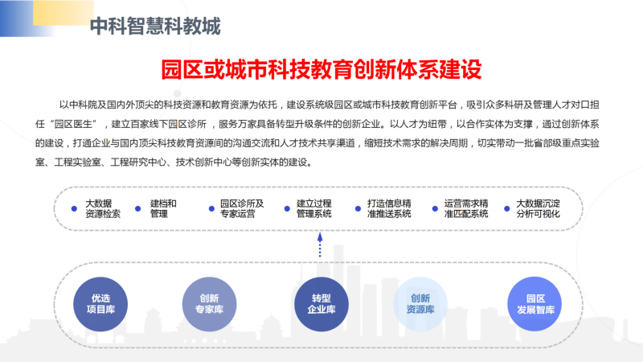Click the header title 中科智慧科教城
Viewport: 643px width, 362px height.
tap(155, 27)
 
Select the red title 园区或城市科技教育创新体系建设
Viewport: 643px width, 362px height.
tap(321, 69)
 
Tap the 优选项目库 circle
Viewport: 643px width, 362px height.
tap(100, 304)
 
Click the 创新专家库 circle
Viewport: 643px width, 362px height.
tap(209, 304)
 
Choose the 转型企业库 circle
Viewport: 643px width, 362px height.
tap(321, 304)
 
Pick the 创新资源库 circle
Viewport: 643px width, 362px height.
tap(420, 304)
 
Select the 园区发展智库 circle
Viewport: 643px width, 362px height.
tap(535, 304)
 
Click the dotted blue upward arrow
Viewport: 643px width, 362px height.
tap(320, 245)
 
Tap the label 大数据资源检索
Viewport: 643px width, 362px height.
tap(103, 208)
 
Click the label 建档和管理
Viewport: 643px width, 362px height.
tap(163, 208)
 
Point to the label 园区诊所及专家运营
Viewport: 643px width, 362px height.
tap(242, 208)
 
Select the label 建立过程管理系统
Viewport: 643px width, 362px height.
tap(313, 208)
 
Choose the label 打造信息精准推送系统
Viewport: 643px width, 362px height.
tap(389, 208)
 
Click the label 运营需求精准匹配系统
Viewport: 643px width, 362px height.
tap(466, 208)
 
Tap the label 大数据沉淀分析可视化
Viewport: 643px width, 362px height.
tap(538, 208)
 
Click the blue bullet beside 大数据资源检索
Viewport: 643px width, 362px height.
tap(74, 208)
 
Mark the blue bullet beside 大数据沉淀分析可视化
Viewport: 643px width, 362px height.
tap(507, 208)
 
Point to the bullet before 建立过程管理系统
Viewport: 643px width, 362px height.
tap(287, 208)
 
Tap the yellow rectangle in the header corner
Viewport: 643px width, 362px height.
tap(63, 13)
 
